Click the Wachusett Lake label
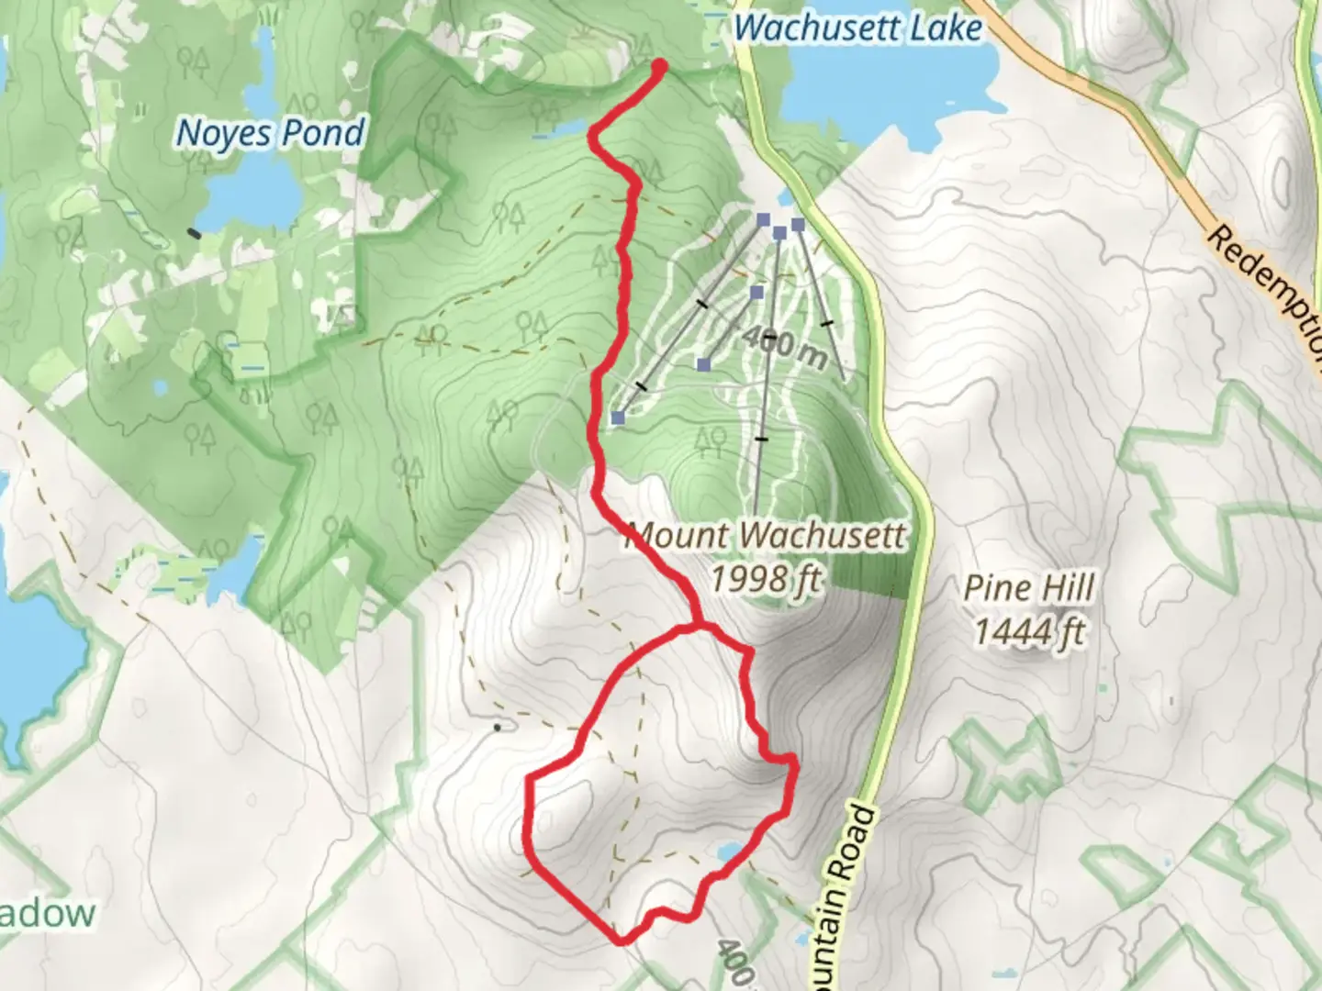(858, 28)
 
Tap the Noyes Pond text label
(270, 134)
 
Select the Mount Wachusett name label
(765, 535)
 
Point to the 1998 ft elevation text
(765, 578)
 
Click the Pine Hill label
(1029, 587)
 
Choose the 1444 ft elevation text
(1029, 632)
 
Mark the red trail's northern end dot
(659, 66)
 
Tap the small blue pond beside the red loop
(729, 852)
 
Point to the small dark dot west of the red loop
(498, 728)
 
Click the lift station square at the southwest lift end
(618, 418)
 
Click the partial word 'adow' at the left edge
(48, 914)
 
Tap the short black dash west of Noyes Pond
(194, 233)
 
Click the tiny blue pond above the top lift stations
(785, 197)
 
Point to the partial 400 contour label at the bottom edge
(734, 963)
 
